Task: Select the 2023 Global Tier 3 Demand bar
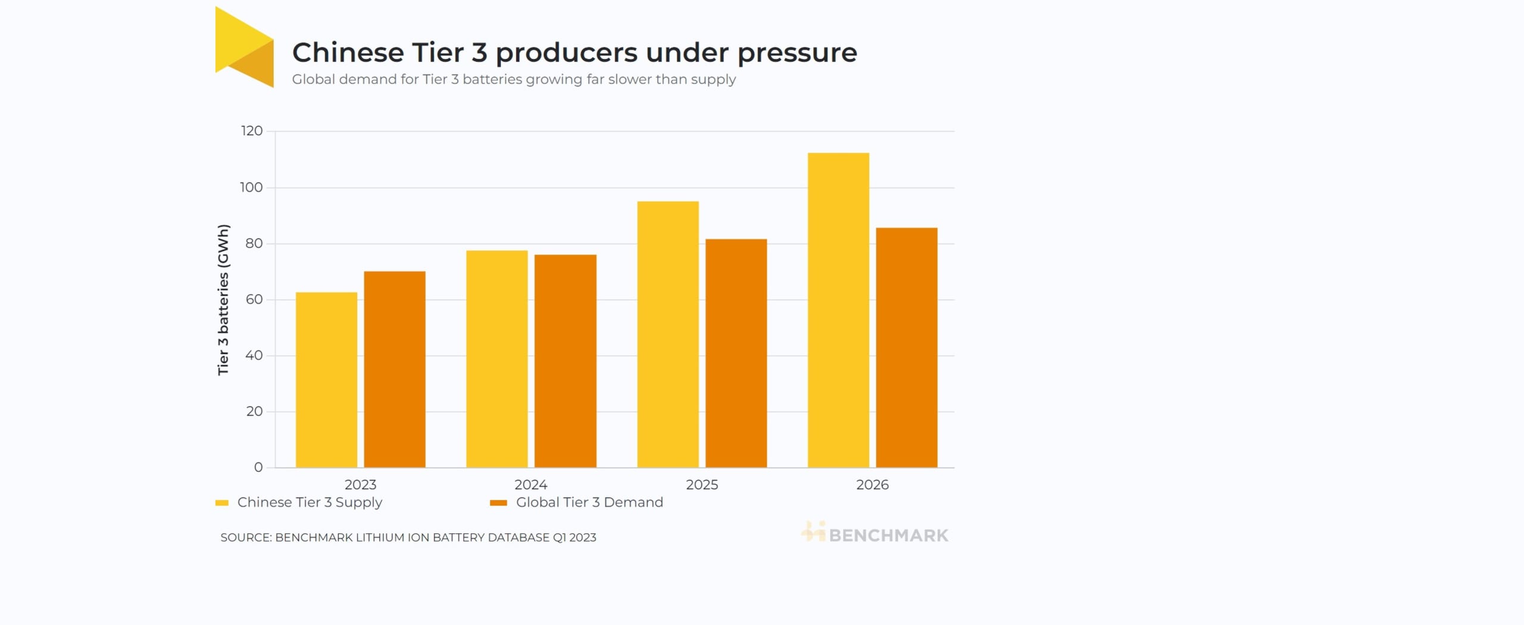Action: (395, 369)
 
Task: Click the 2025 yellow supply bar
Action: (668, 334)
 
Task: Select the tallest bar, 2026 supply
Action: (838, 310)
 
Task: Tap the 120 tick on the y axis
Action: (251, 131)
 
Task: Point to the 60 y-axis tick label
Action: (254, 299)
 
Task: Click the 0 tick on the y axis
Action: (258, 468)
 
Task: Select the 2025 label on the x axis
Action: (702, 485)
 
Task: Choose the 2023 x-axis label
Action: (360, 485)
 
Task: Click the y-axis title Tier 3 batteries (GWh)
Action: (223, 299)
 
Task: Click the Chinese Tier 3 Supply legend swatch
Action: (222, 503)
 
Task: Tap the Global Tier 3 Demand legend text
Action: (589, 502)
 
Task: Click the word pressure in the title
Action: (797, 54)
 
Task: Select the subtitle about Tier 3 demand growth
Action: (514, 80)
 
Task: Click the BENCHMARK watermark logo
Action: (875, 534)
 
